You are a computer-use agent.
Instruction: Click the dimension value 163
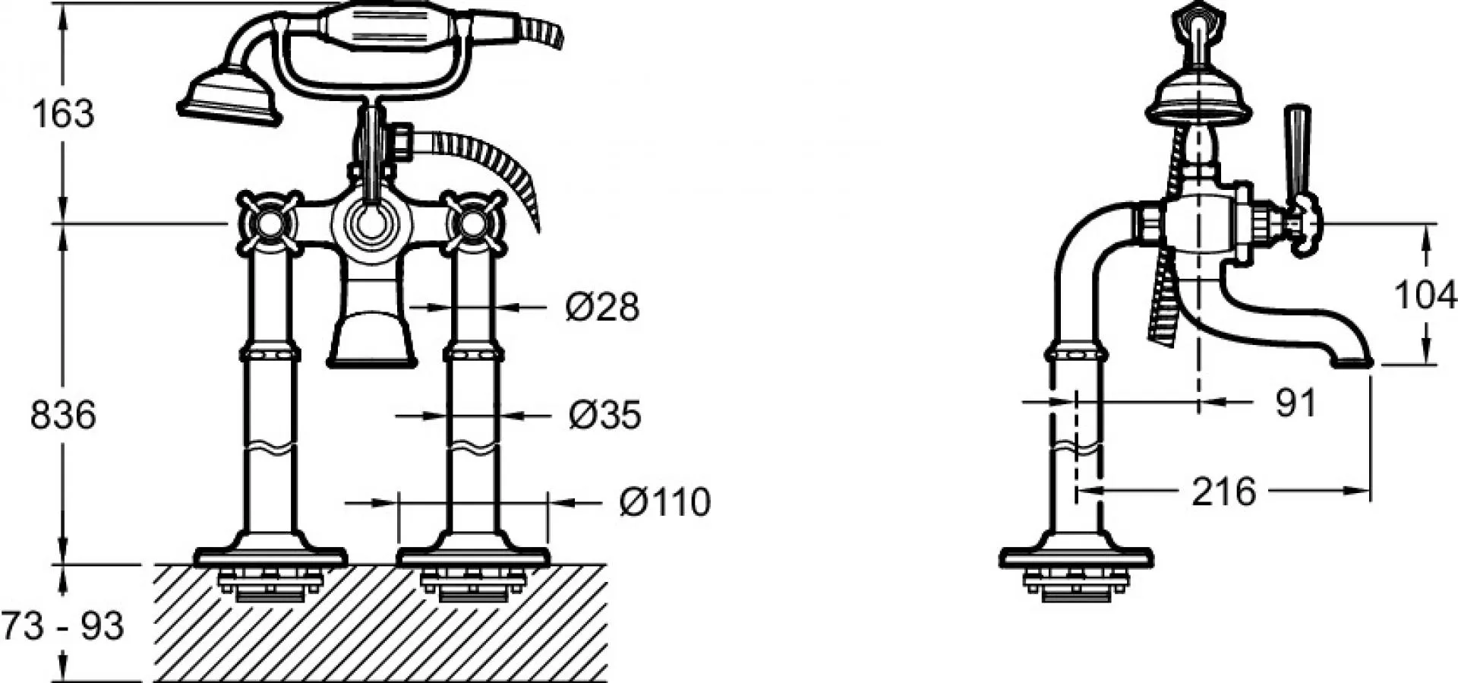pos(63,114)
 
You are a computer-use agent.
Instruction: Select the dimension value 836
pos(63,416)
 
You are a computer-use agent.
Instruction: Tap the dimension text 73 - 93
pos(62,626)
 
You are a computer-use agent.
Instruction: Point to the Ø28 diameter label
pos(602,307)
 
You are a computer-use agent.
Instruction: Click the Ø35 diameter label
pos(605,415)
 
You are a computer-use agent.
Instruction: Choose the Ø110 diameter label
pos(665,501)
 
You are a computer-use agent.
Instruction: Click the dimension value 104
pos(1425,295)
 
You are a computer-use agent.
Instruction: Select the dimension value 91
pos(1295,403)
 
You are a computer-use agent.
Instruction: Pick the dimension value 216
pos(1224,492)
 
